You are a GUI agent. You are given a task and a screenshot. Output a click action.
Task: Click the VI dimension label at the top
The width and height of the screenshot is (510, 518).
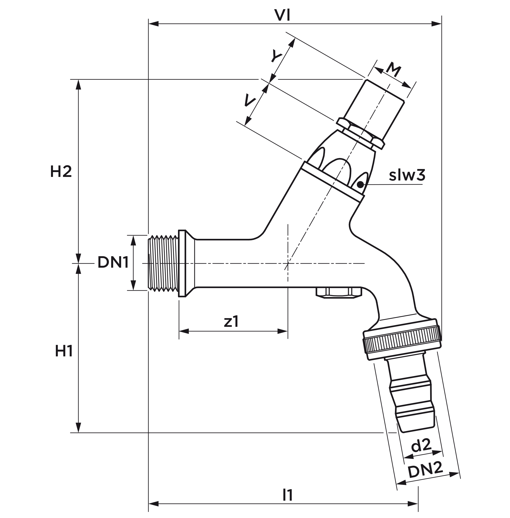[282, 16]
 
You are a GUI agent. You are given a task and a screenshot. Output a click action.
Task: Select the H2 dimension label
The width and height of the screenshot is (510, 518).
[61, 171]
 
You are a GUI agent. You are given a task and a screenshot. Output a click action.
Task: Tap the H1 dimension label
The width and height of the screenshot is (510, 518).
[64, 351]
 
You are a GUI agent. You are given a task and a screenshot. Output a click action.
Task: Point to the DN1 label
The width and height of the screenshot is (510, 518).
[113, 262]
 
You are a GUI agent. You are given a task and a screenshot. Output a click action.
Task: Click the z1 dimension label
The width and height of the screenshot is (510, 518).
[231, 322]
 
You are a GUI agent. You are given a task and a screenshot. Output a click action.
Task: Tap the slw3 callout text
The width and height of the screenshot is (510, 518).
[407, 175]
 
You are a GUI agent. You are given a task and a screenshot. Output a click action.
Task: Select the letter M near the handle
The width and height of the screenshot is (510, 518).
[393, 70]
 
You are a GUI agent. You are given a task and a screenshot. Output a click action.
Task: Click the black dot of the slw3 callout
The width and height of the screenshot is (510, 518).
[361, 185]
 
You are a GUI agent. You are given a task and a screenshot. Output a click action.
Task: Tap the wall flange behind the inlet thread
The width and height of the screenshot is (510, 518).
[182, 263]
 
